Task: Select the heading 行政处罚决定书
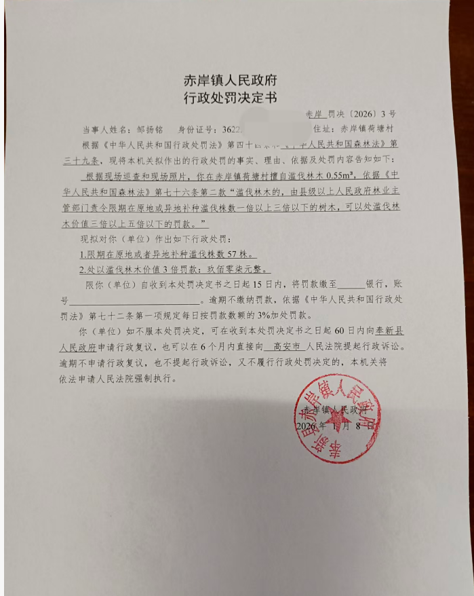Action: (x=231, y=97)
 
